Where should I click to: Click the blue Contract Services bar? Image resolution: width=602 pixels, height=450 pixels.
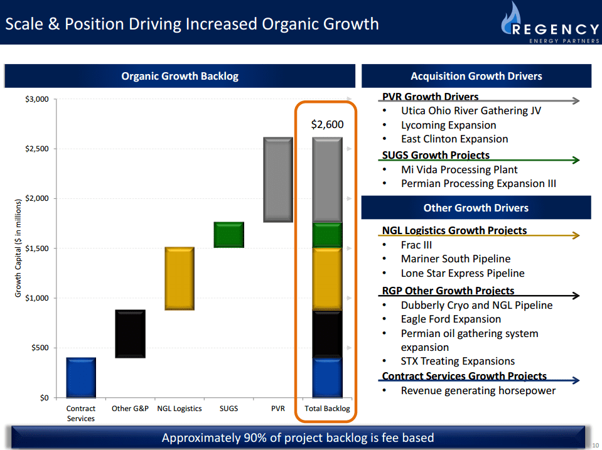pyautogui.click(x=80, y=377)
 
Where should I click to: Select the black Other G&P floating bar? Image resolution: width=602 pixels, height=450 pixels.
pyautogui.click(x=130, y=334)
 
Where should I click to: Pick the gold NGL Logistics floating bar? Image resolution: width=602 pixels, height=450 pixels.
pyautogui.click(x=180, y=278)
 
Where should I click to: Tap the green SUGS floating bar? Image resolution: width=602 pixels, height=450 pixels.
pyautogui.click(x=229, y=235)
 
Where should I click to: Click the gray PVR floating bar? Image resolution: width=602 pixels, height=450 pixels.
pyautogui.click(x=278, y=179)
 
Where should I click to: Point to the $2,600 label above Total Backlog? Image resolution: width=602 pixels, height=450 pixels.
pyautogui.click(x=327, y=124)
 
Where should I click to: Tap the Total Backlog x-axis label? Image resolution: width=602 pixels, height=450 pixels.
pyautogui.click(x=327, y=409)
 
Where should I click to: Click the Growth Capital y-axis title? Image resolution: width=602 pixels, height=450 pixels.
pyautogui.click(x=18, y=248)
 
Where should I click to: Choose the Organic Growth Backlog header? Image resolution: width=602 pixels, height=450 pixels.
pyautogui.click(x=180, y=77)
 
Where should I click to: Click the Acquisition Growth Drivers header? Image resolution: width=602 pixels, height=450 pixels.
pyautogui.click(x=476, y=77)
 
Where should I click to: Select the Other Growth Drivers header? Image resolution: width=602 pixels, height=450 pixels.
pyautogui.click(x=476, y=208)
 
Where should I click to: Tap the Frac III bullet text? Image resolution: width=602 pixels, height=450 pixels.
pyautogui.click(x=416, y=245)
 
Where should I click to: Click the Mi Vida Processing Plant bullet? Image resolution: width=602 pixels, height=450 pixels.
pyautogui.click(x=459, y=169)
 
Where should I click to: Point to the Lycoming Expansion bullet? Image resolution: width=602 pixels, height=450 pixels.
pyautogui.click(x=448, y=125)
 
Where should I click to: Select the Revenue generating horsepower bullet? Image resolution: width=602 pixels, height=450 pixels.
pyautogui.click(x=478, y=390)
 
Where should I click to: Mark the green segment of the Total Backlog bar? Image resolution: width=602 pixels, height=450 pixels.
pyautogui.click(x=327, y=235)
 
